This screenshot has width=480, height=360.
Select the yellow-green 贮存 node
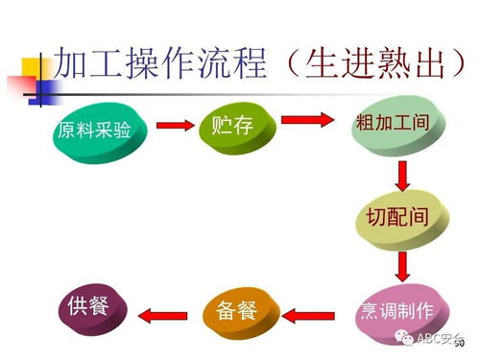click(236, 126)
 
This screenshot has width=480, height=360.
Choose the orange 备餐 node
click(243, 311)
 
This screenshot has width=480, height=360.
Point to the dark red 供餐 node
click(93, 307)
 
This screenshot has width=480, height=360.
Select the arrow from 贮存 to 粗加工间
click(308, 121)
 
